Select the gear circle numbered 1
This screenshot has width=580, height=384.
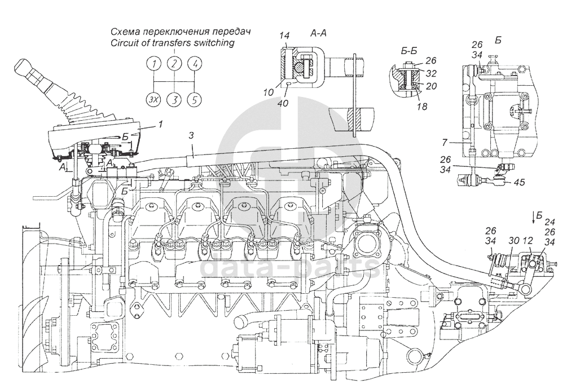154,64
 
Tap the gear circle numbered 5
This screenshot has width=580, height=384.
195,99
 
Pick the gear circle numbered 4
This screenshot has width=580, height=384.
195,64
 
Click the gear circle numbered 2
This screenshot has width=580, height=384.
174,64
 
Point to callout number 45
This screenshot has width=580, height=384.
520,183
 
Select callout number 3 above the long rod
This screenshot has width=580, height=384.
191,136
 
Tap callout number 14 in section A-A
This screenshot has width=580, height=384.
284,36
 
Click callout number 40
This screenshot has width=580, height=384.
283,104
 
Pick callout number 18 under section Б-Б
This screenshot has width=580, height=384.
422,107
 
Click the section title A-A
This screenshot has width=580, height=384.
318,33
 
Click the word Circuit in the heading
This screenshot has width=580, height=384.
124,42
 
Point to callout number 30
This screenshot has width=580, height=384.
514,241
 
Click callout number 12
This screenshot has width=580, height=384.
528,241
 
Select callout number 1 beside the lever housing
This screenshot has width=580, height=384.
160,125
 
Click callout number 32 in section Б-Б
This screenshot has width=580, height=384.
431,73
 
